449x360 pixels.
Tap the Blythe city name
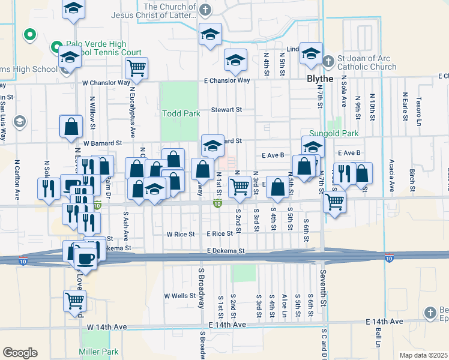(x=307, y=78)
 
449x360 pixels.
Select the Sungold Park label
(x=333, y=133)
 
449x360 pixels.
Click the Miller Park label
(x=98, y=352)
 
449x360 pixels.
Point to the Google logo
(x=20, y=353)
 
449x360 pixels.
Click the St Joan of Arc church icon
(x=328, y=61)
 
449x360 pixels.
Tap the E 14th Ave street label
(x=228, y=325)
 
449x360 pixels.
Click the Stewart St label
(x=226, y=110)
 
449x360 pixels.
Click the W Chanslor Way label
(x=106, y=82)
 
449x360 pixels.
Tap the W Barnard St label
(x=103, y=143)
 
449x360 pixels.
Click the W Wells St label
(x=180, y=296)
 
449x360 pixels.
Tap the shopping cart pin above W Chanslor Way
(x=137, y=68)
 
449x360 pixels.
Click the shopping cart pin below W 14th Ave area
(x=74, y=301)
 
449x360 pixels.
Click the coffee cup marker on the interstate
(x=85, y=257)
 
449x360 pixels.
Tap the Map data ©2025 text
(x=423, y=355)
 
